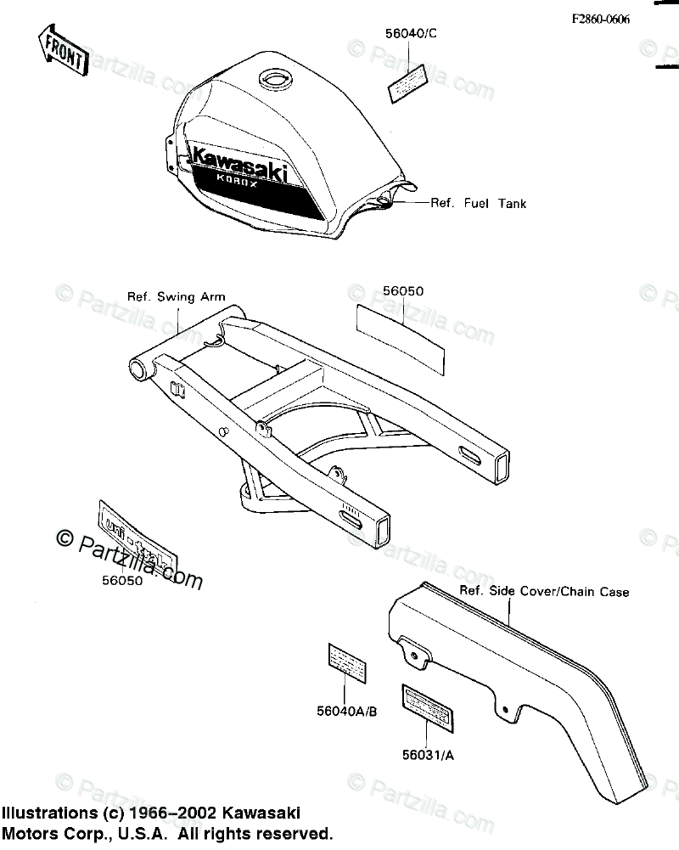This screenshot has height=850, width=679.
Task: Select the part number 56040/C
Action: tap(410, 35)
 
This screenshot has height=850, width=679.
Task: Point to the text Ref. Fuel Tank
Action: tap(479, 204)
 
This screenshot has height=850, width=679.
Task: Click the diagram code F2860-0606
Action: tap(600, 20)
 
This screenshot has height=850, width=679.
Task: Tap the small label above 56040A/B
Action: tap(347, 660)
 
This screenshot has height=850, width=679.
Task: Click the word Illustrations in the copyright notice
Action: tap(51, 813)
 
